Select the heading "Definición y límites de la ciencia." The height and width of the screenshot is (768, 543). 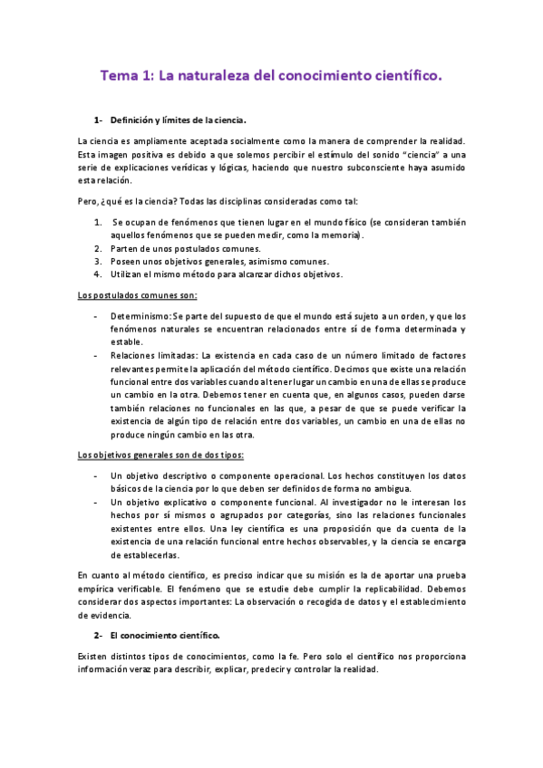[x=178, y=120]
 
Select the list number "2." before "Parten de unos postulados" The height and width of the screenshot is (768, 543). [x=98, y=248]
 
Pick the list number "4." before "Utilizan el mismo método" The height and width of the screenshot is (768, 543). [x=98, y=274]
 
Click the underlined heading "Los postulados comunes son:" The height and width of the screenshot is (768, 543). [x=138, y=295]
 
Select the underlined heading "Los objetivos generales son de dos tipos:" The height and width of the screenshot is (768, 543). [x=160, y=455]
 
